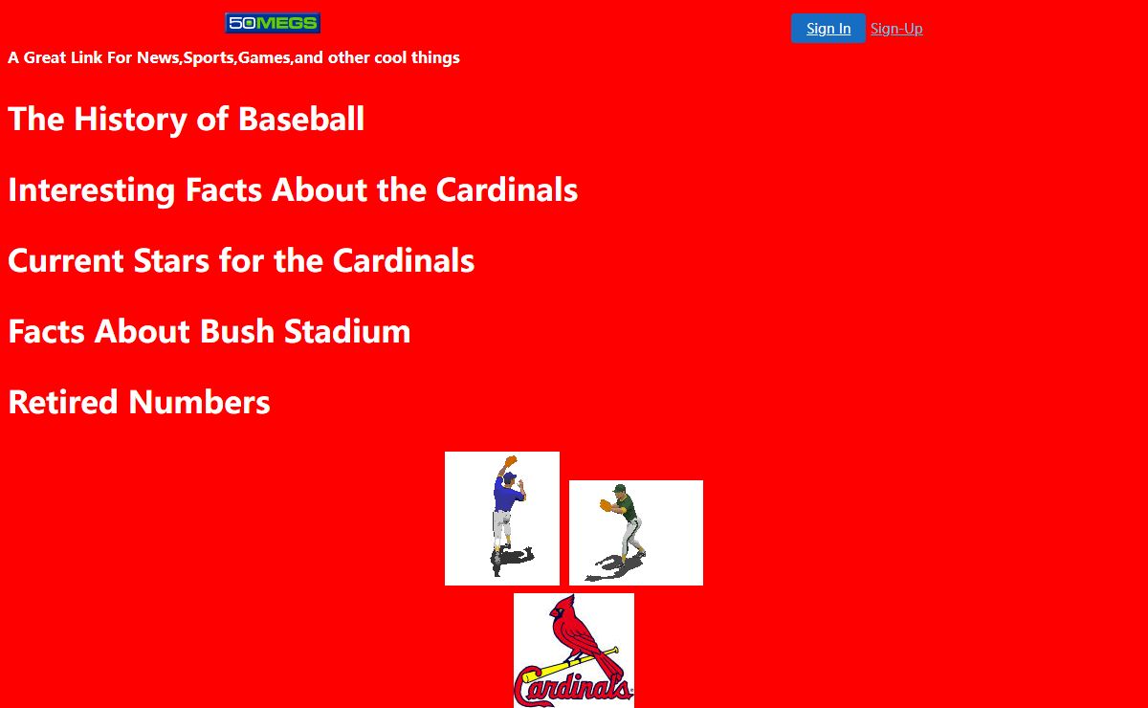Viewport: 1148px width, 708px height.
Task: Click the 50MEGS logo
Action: (273, 23)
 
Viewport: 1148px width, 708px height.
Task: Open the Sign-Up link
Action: (896, 29)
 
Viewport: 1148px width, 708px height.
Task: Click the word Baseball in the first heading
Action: (301, 119)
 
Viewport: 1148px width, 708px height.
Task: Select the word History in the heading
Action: (130, 120)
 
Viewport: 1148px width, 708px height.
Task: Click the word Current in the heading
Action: (66, 260)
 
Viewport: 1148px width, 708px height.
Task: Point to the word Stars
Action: (171, 260)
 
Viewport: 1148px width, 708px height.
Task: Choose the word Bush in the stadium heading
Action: (237, 331)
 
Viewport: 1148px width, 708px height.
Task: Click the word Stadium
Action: (347, 331)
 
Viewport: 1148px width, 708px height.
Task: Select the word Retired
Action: (63, 402)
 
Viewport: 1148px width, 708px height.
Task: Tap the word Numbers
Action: (199, 402)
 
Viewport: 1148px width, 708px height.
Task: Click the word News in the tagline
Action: (158, 57)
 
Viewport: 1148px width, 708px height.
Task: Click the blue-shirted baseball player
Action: (508, 516)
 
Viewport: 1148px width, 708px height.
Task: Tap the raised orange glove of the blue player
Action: (511, 461)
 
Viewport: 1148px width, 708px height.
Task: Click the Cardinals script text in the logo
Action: (573, 688)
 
